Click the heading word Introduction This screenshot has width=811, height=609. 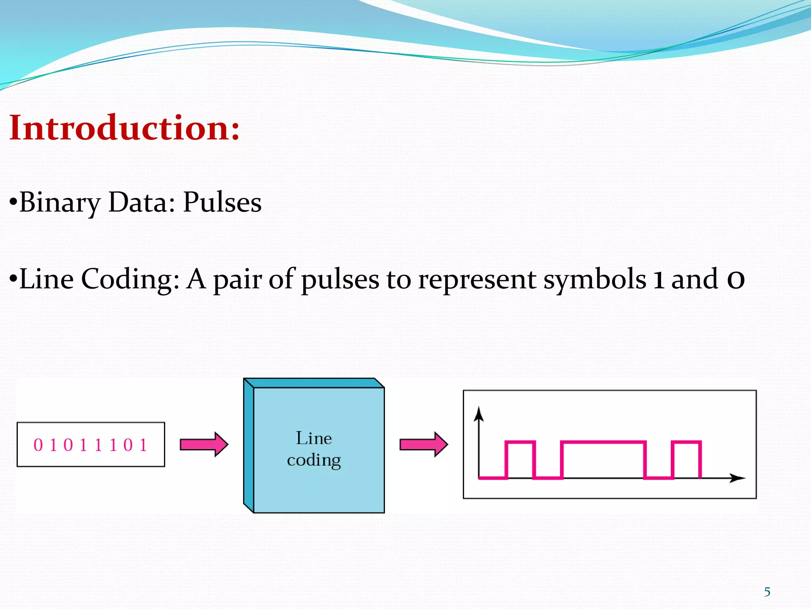pos(124,128)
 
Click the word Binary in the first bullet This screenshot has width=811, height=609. pos(59,203)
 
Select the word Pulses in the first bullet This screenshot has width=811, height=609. pos(222,202)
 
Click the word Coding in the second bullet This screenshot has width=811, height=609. pos(130,280)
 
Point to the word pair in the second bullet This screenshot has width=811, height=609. pos(238,280)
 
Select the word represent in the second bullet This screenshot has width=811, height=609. pos(477,280)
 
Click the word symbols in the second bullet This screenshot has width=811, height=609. pos(595,279)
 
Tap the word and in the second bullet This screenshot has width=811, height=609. pos(695,279)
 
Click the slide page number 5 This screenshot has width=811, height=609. pos(767,592)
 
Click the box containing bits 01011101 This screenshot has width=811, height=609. pos(91,444)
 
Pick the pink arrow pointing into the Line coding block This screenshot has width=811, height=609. pos(204,444)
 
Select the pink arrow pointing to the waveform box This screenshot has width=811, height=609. pos(424,444)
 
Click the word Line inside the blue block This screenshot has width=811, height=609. pos(314,439)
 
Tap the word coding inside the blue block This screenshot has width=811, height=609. pos(314,460)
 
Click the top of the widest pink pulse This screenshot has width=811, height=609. pos(603,442)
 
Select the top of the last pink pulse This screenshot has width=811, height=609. pos(687,442)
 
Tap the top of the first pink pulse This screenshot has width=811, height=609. pos(520,442)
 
